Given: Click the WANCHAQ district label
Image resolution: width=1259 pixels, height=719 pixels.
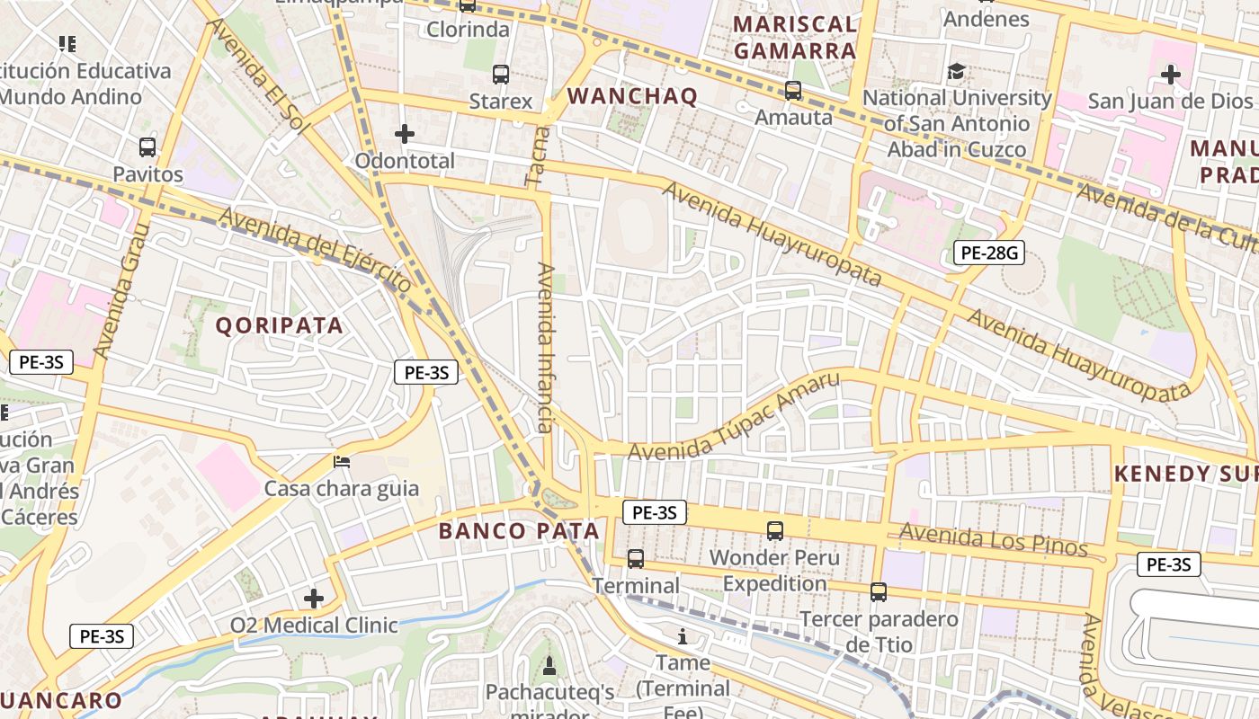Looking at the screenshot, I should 632,97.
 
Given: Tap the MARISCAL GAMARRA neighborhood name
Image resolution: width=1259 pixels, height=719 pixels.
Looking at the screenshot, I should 795,38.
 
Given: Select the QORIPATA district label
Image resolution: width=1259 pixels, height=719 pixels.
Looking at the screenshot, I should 280,325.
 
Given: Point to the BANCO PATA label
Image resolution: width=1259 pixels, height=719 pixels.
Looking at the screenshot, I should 519,531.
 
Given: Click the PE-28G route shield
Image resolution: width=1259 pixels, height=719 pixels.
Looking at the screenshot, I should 989,253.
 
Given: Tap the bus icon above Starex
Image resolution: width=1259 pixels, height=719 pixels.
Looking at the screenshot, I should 501,75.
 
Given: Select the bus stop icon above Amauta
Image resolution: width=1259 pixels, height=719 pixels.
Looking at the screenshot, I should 792,91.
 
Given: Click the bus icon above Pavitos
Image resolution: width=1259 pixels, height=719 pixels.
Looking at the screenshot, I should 147,146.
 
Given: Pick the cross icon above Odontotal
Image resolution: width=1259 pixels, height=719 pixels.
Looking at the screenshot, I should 405,134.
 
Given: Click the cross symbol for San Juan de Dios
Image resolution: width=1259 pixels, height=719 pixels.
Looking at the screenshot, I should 1170,75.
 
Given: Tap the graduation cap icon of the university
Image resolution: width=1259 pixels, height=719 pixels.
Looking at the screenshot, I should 956,71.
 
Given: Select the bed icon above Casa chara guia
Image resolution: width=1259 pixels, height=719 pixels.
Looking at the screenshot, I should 342,462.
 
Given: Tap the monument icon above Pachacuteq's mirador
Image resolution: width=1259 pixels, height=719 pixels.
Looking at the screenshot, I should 549,666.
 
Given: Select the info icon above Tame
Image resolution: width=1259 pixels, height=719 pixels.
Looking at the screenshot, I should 683,637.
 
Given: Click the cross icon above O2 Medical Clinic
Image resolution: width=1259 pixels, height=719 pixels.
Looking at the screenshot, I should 313,599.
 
